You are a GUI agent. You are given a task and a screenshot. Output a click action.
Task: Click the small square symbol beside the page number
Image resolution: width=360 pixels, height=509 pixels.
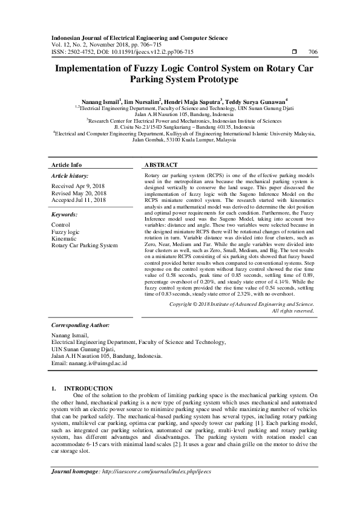tap(293, 52)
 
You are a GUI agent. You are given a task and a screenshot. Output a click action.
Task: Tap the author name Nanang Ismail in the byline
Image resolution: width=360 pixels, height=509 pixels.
tap(97, 101)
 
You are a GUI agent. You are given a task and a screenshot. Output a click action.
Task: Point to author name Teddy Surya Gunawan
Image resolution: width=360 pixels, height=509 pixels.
tap(256, 101)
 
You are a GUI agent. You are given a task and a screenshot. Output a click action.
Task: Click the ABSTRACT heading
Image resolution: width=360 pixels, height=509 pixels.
tap(162, 164)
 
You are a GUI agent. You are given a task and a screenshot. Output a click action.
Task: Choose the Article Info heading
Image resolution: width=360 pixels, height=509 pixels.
tap(67, 164)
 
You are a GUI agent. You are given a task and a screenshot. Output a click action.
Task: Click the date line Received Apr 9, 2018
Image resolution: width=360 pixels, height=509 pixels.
tap(79, 186)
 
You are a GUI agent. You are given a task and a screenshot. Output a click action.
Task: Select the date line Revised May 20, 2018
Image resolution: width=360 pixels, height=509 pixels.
tap(79, 193)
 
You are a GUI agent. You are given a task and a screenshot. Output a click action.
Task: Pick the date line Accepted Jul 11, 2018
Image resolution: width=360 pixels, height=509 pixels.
tap(79, 200)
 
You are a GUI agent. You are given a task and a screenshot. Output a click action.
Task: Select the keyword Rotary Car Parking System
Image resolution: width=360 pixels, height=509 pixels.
tap(85, 245)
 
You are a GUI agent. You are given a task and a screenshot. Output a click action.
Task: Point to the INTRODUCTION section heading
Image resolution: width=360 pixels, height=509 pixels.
tap(88, 388)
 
